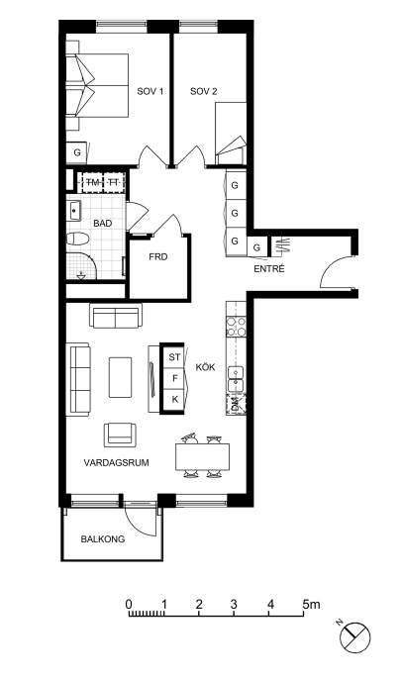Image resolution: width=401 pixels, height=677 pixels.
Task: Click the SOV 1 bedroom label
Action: (x=150, y=91)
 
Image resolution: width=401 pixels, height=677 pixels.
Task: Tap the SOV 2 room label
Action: (x=204, y=91)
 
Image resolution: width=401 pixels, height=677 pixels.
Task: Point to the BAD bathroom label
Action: (x=102, y=224)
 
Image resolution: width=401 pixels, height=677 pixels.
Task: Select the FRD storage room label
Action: (x=158, y=257)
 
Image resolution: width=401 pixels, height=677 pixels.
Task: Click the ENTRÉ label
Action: (x=269, y=268)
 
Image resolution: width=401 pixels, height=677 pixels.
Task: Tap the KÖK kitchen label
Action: (x=205, y=367)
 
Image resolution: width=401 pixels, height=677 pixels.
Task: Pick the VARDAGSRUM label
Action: (x=116, y=463)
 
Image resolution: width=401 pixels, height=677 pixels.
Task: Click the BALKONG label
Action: (x=103, y=539)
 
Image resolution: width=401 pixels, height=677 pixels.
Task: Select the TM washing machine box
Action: (x=91, y=182)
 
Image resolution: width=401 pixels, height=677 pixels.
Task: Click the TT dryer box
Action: (x=114, y=182)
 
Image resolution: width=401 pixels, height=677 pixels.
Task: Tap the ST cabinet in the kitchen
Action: (x=173, y=357)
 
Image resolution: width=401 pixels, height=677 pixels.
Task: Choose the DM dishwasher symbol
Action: (x=236, y=404)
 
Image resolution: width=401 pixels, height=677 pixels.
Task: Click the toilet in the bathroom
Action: (x=77, y=239)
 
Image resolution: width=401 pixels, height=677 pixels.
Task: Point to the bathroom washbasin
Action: (x=74, y=211)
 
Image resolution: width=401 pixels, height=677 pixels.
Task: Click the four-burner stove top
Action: (x=237, y=327)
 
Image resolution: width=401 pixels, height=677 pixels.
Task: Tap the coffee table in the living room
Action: (x=120, y=377)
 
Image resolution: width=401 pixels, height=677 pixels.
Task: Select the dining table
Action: (x=202, y=457)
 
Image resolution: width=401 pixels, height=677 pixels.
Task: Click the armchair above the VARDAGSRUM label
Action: (x=120, y=435)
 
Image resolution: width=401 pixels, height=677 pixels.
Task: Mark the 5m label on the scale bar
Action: (x=311, y=604)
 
